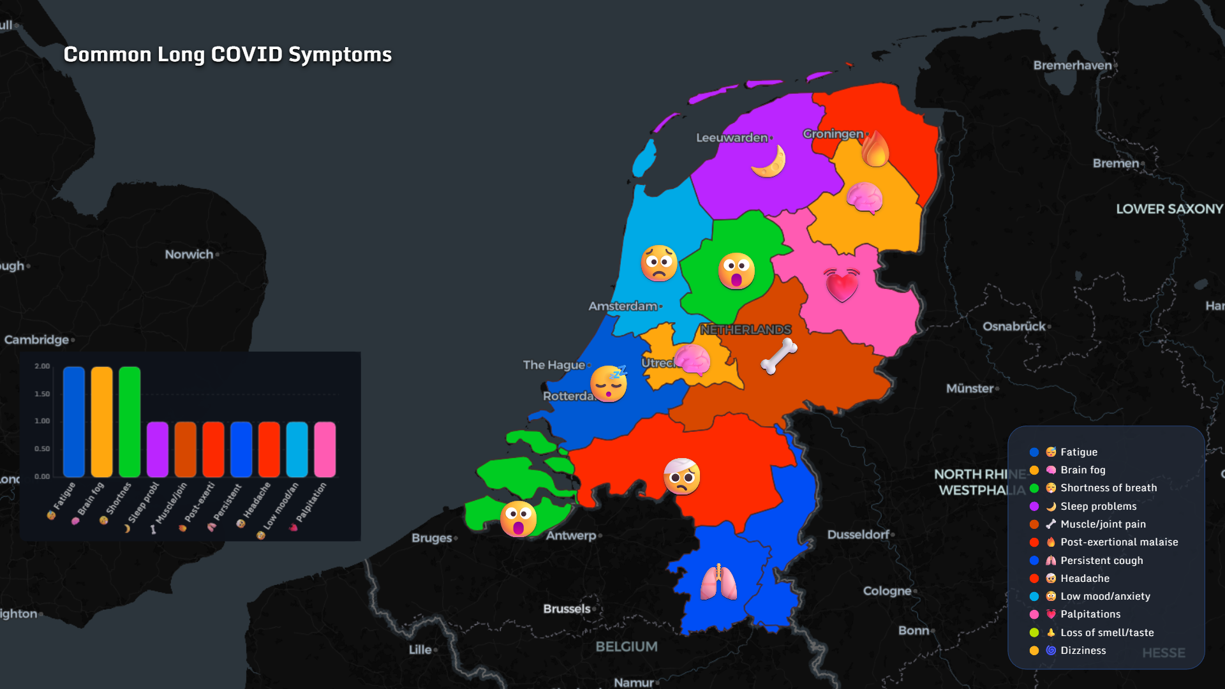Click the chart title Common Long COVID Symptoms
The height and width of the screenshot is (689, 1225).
[x=228, y=55]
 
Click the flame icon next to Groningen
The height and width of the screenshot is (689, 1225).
[x=875, y=149]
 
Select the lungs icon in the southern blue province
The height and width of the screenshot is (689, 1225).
[x=718, y=582]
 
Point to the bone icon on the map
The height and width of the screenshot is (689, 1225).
[x=779, y=355]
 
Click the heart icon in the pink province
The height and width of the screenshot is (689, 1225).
[x=842, y=285]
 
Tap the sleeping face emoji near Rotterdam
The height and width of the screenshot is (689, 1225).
[x=609, y=383]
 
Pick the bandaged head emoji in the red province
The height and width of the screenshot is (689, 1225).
[x=681, y=476]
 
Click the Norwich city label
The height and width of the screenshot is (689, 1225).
[x=189, y=255]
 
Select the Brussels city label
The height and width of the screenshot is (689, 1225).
[x=567, y=609]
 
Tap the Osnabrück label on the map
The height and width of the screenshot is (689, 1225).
[x=1014, y=327]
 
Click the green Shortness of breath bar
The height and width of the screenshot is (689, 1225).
[x=130, y=422]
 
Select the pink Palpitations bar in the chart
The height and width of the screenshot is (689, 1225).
[x=325, y=449]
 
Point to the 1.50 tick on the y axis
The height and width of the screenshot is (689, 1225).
[x=42, y=394]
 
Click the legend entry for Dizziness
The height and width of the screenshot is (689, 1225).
[x=1083, y=651]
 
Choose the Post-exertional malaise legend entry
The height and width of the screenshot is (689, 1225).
[x=1118, y=542]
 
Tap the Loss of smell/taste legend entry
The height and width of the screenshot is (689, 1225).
[x=1106, y=633]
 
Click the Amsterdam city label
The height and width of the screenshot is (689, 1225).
[x=623, y=306]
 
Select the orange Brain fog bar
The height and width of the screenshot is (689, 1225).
[x=101, y=422]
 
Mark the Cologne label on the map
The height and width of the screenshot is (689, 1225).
[x=887, y=591]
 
